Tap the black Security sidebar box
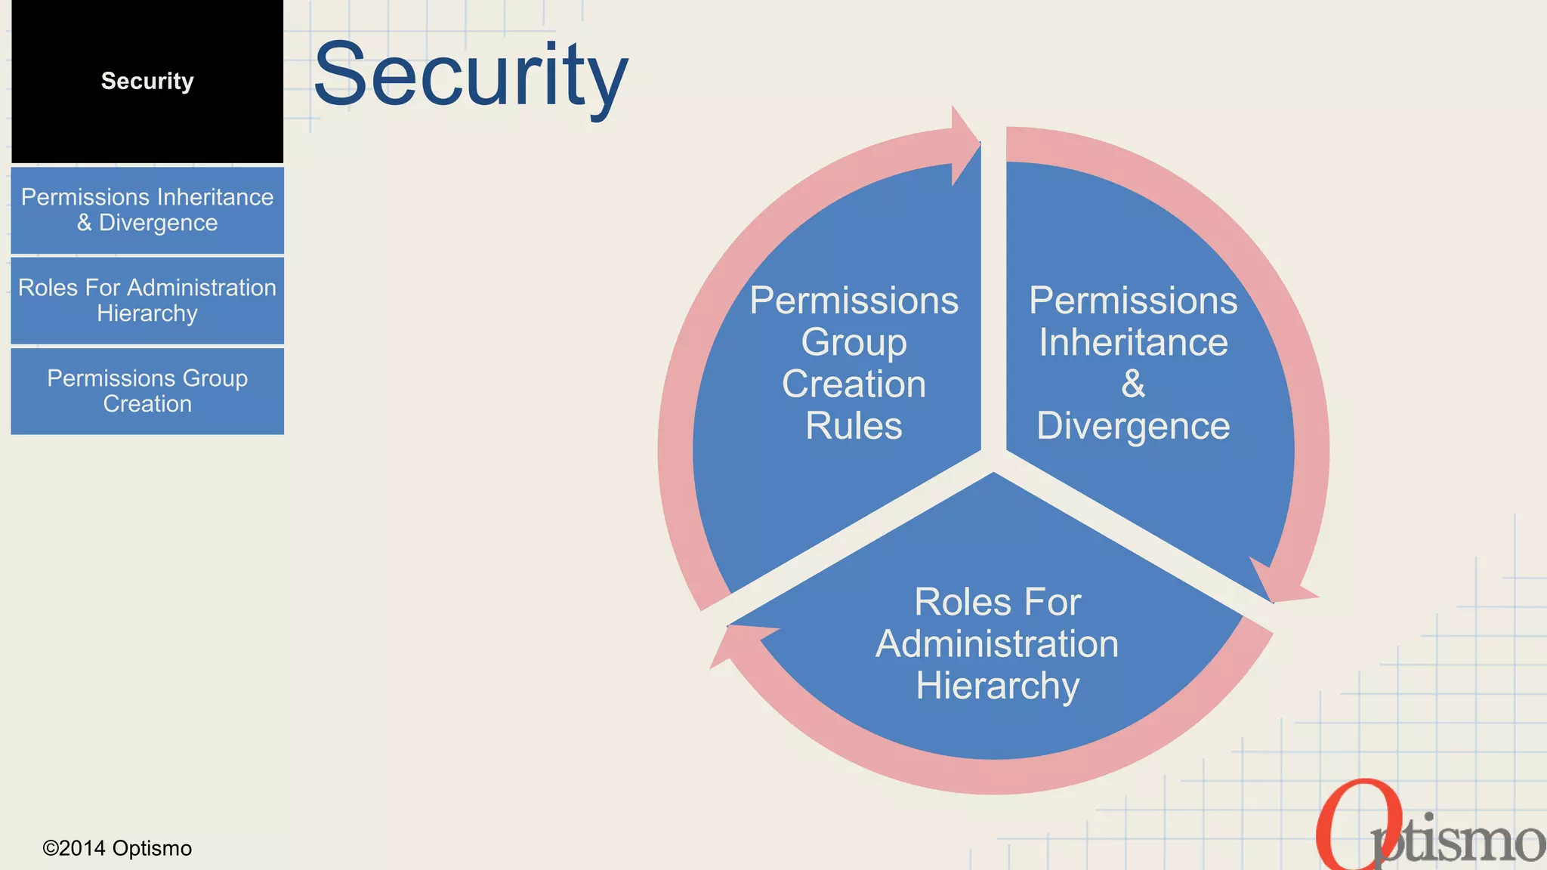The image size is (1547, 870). pyautogui.click(x=147, y=82)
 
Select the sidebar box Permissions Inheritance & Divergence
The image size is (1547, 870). pyautogui.click(x=147, y=210)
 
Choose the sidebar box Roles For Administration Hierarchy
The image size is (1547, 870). pyautogui.click(x=147, y=301)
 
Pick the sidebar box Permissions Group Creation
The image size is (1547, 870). pyautogui.click(x=147, y=391)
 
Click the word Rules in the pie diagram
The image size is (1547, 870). pyautogui.click(x=854, y=426)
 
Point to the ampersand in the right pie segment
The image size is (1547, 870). pyautogui.click(x=1133, y=384)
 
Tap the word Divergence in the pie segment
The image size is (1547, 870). pyautogui.click(x=1133, y=426)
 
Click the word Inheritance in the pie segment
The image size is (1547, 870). pyautogui.click(x=1133, y=342)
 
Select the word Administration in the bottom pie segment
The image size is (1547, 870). pyautogui.click(x=997, y=644)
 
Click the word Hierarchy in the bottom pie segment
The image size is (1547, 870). pyautogui.click(x=997, y=686)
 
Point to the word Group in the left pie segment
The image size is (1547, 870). pyautogui.click(x=854, y=342)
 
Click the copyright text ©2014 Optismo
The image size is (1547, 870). pyautogui.click(x=117, y=848)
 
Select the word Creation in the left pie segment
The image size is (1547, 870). pyautogui.click(x=854, y=384)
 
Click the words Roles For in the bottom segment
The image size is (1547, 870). pyautogui.click(x=997, y=602)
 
